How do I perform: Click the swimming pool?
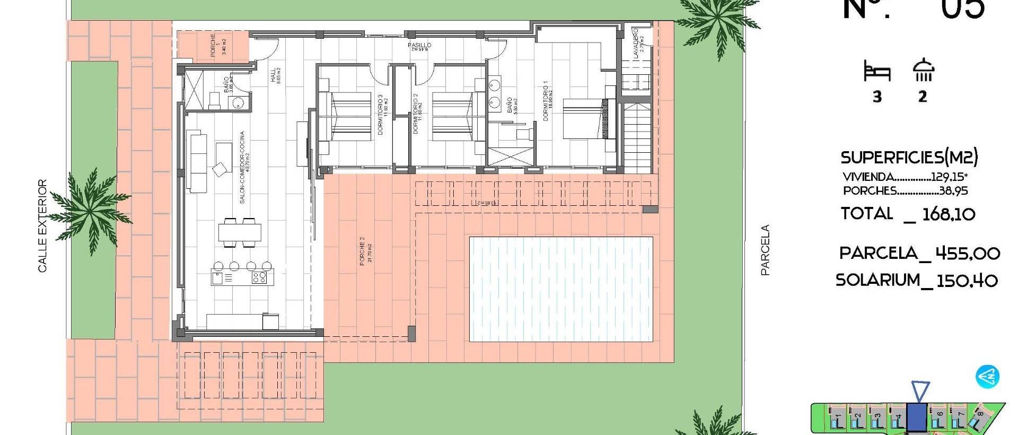click(x=561, y=289)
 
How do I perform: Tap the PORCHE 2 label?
click(x=365, y=251)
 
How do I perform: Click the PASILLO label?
click(x=419, y=46)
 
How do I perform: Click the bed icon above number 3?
click(x=877, y=71)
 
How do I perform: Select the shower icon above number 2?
click(x=923, y=70)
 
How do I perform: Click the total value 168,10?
click(x=949, y=214)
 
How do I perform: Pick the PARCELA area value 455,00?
click(x=968, y=253)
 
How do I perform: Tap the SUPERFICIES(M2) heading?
click(x=909, y=158)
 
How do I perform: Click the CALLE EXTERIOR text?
click(x=42, y=226)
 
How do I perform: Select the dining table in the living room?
click(x=240, y=232)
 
